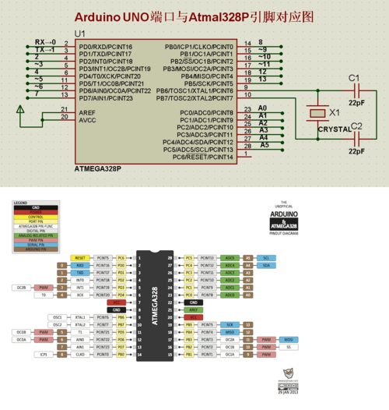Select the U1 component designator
click(x=79, y=34)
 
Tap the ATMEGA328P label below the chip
click(x=99, y=168)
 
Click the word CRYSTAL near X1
click(x=335, y=129)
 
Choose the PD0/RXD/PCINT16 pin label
click(x=106, y=47)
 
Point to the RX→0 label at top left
click(x=45, y=41)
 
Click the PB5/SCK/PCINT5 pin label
click(x=206, y=83)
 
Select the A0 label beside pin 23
click(x=262, y=108)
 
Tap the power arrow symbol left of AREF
click(x=19, y=115)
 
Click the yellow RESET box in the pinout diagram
click(x=80, y=257)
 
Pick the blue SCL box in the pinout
click(x=266, y=257)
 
